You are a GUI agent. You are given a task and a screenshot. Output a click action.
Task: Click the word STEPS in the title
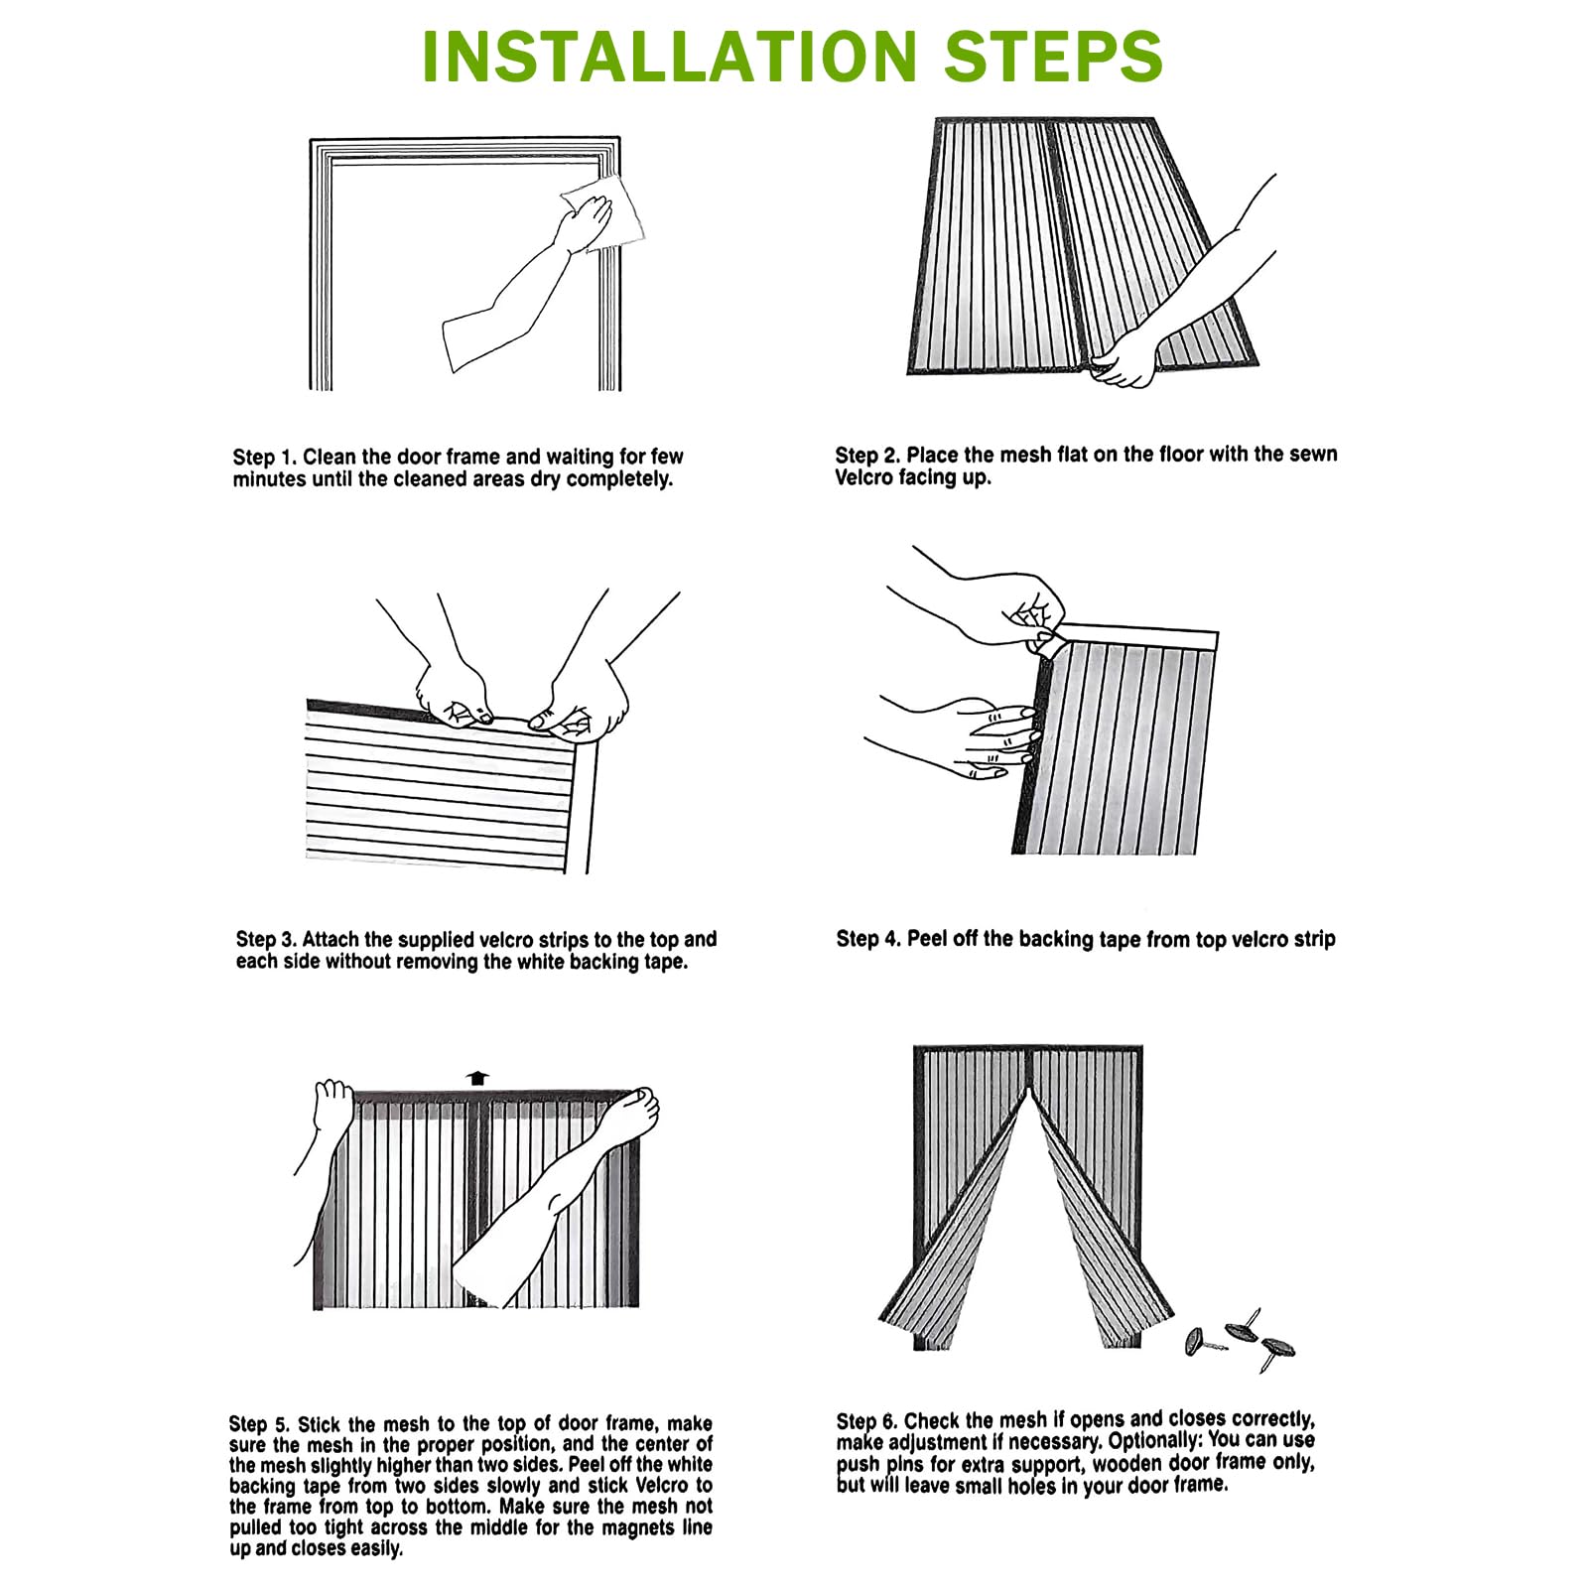pos(1053,57)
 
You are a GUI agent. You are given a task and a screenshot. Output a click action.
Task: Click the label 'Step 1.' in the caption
pos(264,458)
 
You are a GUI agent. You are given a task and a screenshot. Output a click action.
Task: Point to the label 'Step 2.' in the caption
pos(866,456)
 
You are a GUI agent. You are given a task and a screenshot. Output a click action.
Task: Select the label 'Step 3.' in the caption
pos(266,940)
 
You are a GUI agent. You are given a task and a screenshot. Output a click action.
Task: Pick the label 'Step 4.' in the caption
pos(867,939)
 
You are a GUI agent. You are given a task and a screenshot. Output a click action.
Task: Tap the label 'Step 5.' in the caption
pos(260,1424)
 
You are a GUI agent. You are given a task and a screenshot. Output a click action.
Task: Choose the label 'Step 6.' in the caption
pos(866,1421)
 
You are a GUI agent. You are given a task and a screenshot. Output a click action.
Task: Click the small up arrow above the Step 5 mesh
pos(478,1078)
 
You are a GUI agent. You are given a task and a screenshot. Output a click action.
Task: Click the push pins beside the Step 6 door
pos(1242,1340)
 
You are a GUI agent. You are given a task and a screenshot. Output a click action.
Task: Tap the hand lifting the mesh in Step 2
pos(1127,357)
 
